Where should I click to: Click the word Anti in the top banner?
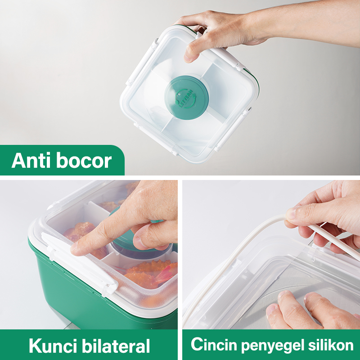pyautogui.click(x=31, y=161)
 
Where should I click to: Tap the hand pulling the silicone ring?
pyautogui.click(x=324, y=211)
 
